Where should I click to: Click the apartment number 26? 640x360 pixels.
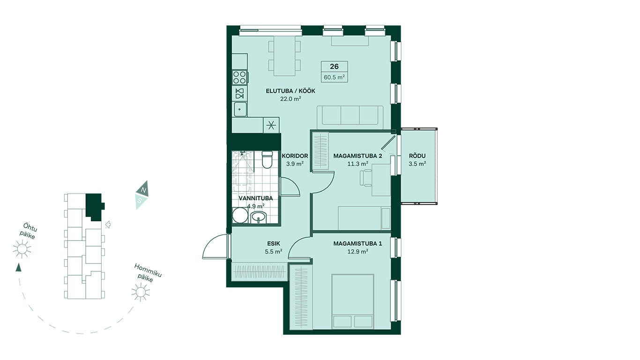tap(334, 67)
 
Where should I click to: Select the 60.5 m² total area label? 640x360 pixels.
tap(334, 77)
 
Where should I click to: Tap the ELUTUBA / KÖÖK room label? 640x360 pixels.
tap(290, 91)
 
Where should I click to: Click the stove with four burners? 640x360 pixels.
tap(240, 77)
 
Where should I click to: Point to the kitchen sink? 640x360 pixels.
tap(240, 109)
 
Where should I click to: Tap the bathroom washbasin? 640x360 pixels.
tap(259, 217)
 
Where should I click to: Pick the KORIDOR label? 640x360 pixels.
tap(295, 156)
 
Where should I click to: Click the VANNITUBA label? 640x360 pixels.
tap(256, 198)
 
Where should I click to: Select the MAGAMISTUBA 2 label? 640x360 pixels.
tap(357, 156)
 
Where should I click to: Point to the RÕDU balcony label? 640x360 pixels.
tap(417, 156)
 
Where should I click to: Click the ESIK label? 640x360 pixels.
tap(274, 244)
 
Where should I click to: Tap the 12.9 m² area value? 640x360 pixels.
tap(357, 252)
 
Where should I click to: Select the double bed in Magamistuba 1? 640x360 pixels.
tap(353, 301)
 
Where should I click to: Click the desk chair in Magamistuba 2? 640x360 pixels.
tap(366, 178)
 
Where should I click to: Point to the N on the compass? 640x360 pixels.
tap(144, 190)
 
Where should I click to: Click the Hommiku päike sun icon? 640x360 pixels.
tap(141, 292)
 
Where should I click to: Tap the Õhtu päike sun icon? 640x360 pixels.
tap(22, 249)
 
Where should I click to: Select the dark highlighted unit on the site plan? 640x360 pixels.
tap(94, 206)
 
